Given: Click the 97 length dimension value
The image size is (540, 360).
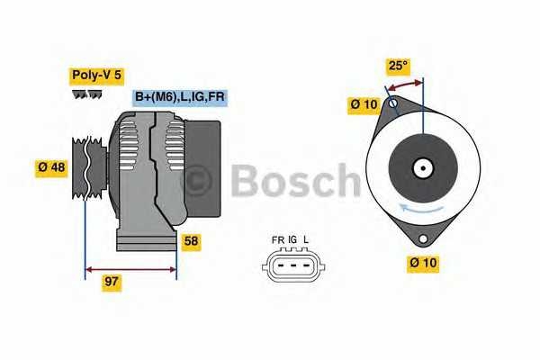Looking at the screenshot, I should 112,282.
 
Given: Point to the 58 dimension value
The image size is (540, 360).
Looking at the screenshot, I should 191,241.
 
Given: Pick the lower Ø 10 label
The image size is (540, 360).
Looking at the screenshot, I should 423,264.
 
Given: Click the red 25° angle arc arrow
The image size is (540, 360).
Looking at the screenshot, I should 405,85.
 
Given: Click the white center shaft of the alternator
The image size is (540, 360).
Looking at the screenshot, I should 421,167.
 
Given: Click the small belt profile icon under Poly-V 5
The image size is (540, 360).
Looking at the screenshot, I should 86,94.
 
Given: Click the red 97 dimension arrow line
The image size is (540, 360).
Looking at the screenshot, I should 130,267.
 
